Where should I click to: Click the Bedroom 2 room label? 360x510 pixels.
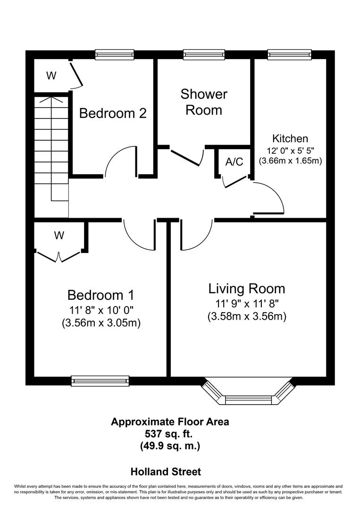pos(113,113)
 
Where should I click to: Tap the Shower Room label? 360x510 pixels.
pos(204,102)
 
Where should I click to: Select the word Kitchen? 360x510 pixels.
pos(290,138)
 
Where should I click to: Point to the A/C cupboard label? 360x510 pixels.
pos(234,162)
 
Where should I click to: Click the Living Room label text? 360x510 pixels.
pos(247,288)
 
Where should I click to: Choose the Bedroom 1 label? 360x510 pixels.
pos(101,295)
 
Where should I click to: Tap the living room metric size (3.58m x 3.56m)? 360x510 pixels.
pos(247,316)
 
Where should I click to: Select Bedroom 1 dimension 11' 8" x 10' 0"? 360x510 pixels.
pos(101,310)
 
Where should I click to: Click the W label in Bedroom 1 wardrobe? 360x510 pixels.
pos(59,235)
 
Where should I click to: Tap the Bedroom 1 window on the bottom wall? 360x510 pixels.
pos(100,380)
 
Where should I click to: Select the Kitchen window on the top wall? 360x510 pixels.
pos(290,55)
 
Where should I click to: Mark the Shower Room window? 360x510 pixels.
pos(204,55)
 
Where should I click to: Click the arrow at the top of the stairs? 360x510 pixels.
pos(51,100)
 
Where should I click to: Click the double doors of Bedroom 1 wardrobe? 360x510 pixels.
pos(59,256)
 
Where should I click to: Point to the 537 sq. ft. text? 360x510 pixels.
pos(170,433)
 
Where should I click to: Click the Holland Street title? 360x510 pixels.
pos(166,471)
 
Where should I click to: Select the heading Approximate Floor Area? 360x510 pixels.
pos(170,422)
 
